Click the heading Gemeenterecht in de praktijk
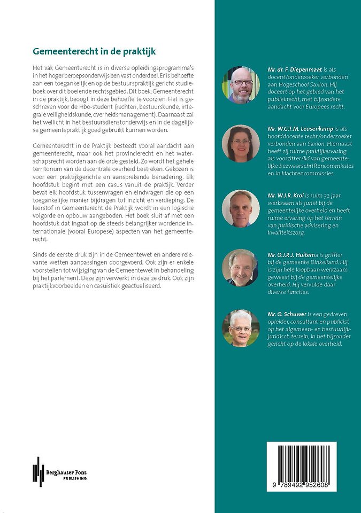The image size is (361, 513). pyautogui.click(x=94, y=52)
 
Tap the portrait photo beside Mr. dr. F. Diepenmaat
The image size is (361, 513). pyautogui.click(x=241, y=84)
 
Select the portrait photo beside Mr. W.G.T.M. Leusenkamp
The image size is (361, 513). pyautogui.click(x=241, y=144)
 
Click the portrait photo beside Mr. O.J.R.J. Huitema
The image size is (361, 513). pyautogui.click(x=241, y=268)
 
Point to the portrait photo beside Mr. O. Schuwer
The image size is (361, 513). pyautogui.click(x=241, y=328)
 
